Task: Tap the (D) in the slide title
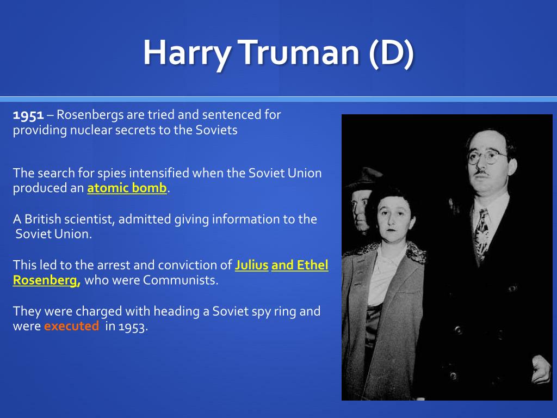pyautogui.click(x=392, y=53)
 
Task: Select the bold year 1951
pyautogui.click(x=28, y=115)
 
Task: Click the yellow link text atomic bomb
pyautogui.click(x=127, y=188)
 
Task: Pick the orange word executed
pyautogui.click(x=71, y=326)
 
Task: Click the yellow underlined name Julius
pyautogui.click(x=251, y=265)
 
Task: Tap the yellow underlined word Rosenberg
pyautogui.click(x=47, y=280)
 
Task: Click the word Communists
pyautogui.click(x=180, y=280)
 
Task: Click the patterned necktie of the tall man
pyautogui.click(x=482, y=235)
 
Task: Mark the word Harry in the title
pyautogui.click(x=187, y=53)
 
